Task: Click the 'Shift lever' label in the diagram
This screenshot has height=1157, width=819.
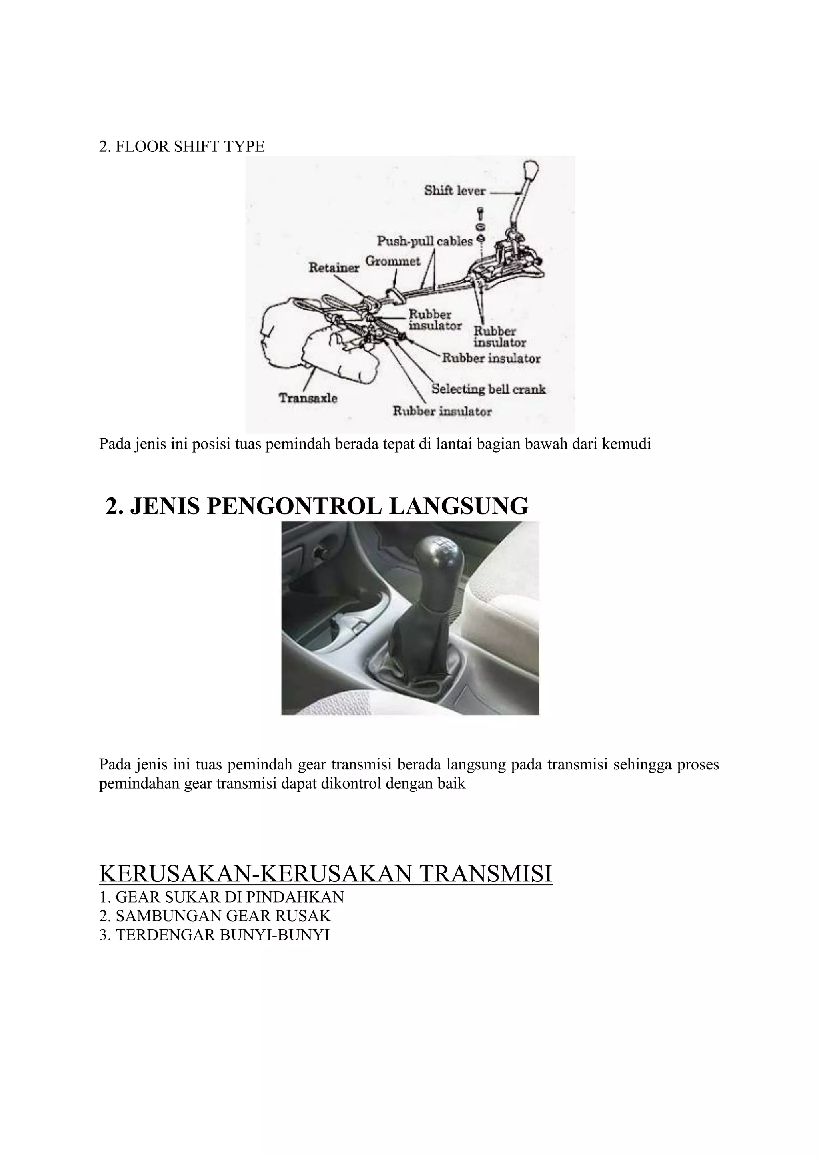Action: click(x=454, y=191)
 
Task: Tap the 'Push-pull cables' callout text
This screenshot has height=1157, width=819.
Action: click(x=425, y=241)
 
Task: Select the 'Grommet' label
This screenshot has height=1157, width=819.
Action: click(x=392, y=262)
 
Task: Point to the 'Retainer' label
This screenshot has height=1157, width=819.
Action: click(x=334, y=268)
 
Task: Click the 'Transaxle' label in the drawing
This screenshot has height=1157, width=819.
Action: click(x=308, y=398)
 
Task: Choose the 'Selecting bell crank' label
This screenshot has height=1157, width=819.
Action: click(x=489, y=389)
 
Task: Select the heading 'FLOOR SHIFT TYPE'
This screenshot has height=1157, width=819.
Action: click(x=189, y=147)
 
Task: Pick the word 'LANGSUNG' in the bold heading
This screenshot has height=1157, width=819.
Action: click(x=458, y=506)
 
